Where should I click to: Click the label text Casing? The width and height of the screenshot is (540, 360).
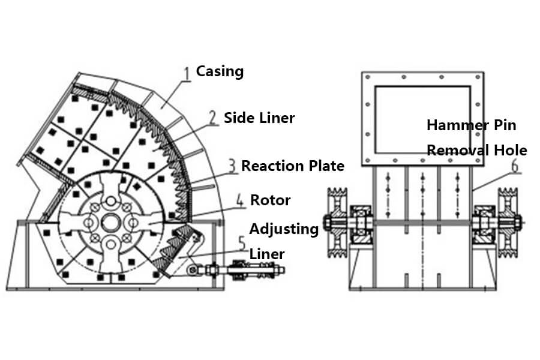[x=220, y=71]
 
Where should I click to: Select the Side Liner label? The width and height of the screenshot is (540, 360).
[x=259, y=118]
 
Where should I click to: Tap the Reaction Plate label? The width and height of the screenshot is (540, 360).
[x=293, y=166]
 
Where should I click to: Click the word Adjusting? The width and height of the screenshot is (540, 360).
[x=284, y=229]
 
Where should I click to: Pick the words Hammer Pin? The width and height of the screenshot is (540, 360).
[x=471, y=125]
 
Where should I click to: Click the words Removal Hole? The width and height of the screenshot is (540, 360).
[x=476, y=150]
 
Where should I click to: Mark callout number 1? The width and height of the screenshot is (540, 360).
[x=187, y=73]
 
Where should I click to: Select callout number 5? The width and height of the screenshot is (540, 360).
[x=241, y=244]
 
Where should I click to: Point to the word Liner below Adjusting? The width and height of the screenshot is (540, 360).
[x=266, y=254]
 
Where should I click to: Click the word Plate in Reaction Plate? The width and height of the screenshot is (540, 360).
[x=327, y=166]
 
